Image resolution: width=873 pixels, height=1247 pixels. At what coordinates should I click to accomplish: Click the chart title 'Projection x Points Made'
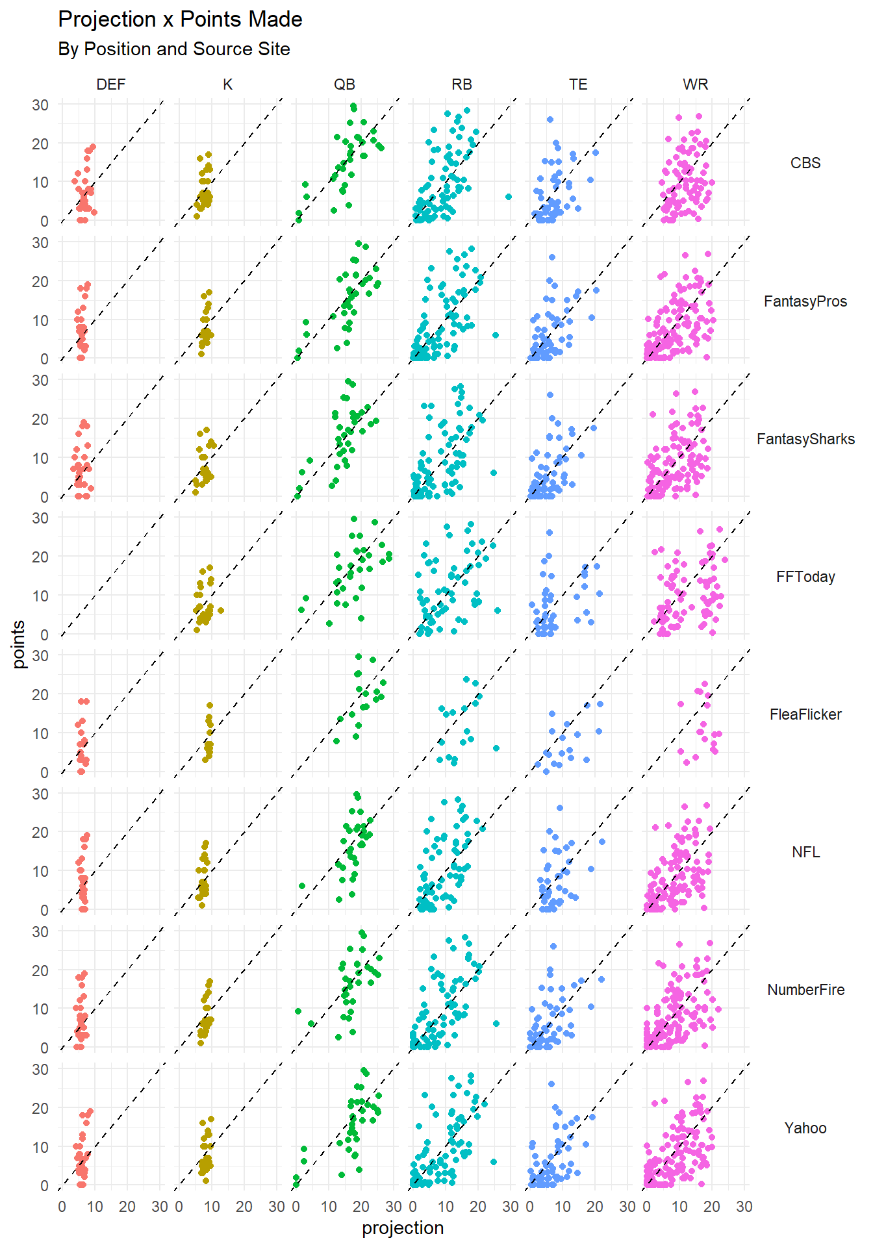click(x=180, y=19)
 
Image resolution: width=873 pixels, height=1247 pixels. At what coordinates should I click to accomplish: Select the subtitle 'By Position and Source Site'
click(x=174, y=49)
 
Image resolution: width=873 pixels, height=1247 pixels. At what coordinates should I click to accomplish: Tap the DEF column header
click(x=111, y=84)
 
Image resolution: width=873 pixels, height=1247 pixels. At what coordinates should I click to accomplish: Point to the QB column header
click(x=345, y=84)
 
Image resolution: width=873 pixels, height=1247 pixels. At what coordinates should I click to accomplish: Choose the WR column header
click(x=696, y=84)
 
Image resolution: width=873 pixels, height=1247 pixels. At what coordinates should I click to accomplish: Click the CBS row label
click(x=805, y=163)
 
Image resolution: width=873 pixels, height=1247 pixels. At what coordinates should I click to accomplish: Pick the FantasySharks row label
click(x=805, y=439)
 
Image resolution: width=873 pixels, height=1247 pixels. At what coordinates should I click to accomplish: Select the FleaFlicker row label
click(x=805, y=714)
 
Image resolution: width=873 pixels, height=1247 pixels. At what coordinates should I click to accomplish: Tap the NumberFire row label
click(x=805, y=990)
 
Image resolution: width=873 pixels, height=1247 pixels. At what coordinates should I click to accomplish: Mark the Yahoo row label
click(x=805, y=1128)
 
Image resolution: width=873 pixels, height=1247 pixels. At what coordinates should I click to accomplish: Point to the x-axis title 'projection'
click(x=403, y=1228)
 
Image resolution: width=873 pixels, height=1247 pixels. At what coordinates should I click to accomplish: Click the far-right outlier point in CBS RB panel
click(x=509, y=197)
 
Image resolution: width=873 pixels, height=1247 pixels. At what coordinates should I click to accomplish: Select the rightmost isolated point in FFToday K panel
click(x=221, y=611)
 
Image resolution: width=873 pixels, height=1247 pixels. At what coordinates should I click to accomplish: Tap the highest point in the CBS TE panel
click(x=550, y=120)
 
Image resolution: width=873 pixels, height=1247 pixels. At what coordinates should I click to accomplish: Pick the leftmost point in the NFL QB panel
click(x=302, y=886)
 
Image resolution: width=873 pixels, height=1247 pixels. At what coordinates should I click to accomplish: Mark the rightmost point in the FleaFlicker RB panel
click(x=496, y=748)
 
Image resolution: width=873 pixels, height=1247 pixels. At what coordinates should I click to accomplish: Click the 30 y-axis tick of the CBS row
click(x=40, y=105)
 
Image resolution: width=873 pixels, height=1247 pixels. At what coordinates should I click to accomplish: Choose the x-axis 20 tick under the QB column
click(x=361, y=1207)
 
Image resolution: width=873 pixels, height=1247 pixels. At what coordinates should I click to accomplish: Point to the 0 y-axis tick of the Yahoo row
click(x=44, y=1186)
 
